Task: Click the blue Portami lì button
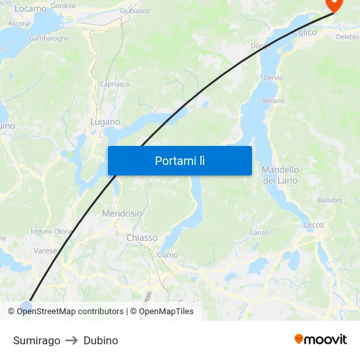point(179,160)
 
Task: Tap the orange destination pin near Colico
point(334,5)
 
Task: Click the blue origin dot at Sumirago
point(26,306)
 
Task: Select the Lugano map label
point(105,122)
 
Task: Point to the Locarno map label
point(30,9)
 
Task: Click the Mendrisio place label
point(122,213)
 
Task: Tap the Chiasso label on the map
point(141,238)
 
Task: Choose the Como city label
point(168,255)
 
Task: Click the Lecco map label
point(314,225)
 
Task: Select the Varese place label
point(46,250)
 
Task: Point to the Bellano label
point(273,101)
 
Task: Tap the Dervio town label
point(273,77)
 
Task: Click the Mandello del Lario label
point(280,175)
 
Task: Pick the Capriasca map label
point(114,84)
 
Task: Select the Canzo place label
point(259,232)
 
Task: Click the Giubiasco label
point(134,11)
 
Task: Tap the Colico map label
point(305,32)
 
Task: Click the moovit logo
point(320,340)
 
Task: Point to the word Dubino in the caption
point(101,340)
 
